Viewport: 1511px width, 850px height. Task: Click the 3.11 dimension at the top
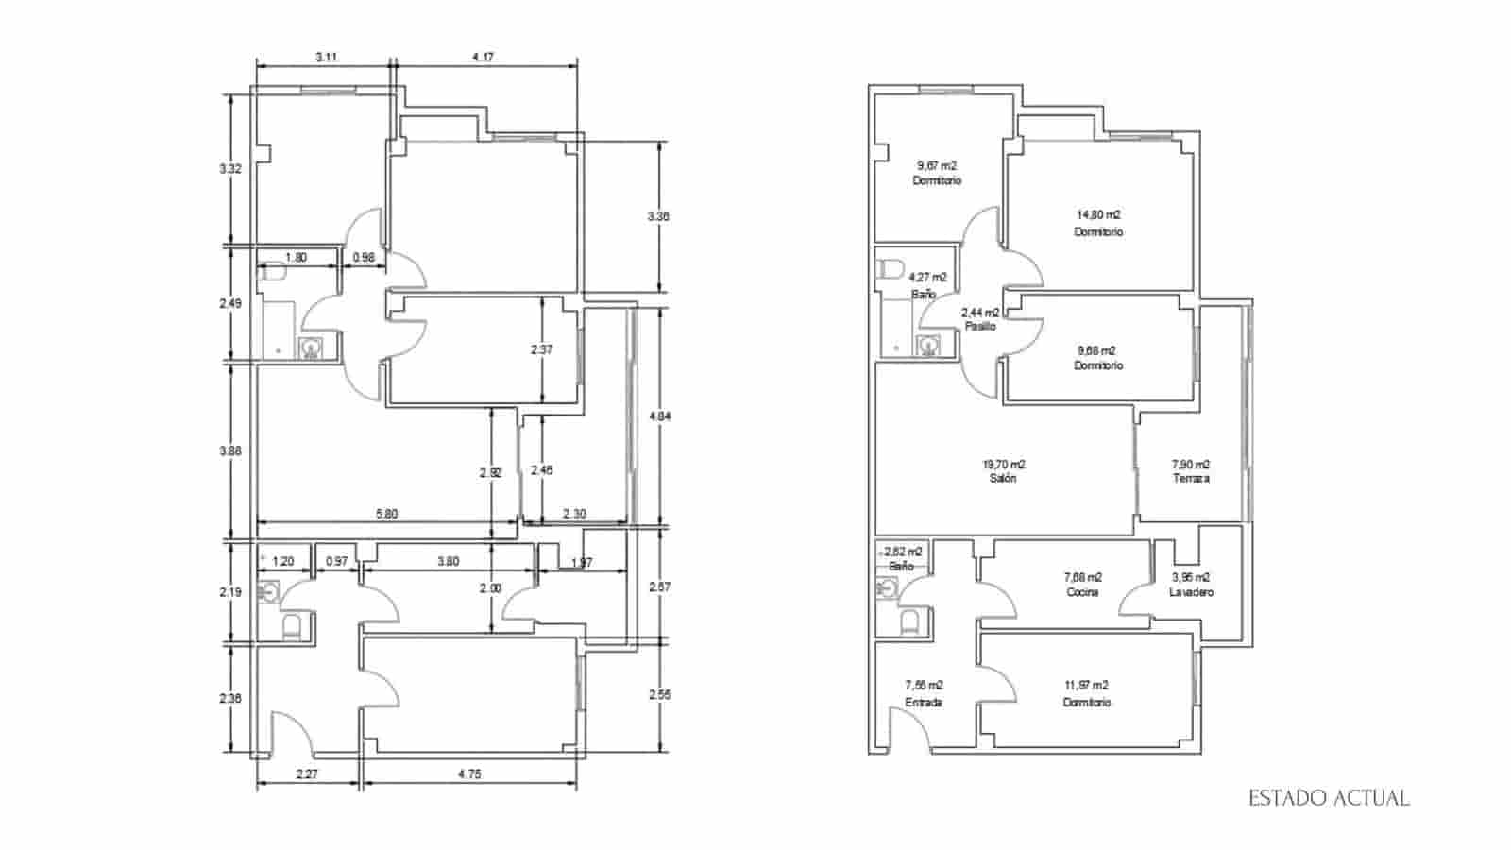pos(327,57)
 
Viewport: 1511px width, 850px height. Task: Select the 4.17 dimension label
pos(483,57)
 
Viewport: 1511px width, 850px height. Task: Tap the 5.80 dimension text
pos(386,514)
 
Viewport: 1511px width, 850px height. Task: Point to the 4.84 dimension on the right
pos(659,416)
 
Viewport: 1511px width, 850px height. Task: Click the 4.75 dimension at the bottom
pos(469,774)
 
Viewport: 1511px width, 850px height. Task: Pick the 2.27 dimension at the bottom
pos(306,774)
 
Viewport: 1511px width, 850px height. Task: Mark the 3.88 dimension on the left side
pos(229,451)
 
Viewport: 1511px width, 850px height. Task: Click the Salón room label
pos(1003,479)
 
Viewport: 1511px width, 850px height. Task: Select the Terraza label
pos(1191,479)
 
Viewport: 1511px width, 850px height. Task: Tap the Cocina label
pos(1082,592)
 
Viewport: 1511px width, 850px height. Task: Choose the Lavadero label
pos(1191,592)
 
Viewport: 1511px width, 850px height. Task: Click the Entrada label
pos(923,703)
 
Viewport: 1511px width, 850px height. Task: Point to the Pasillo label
pos(980,326)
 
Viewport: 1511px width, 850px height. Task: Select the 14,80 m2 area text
pos(1098,215)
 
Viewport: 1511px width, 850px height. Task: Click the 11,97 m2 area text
pos(1086,686)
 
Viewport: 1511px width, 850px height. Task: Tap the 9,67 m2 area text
pos(936,165)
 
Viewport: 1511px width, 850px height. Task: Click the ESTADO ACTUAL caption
pos(1329,799)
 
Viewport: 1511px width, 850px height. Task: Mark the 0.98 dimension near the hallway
pos(364,257)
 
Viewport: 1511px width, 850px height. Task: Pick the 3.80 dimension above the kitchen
pos(448,561)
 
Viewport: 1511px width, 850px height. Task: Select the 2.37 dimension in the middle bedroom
pos(542,349)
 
